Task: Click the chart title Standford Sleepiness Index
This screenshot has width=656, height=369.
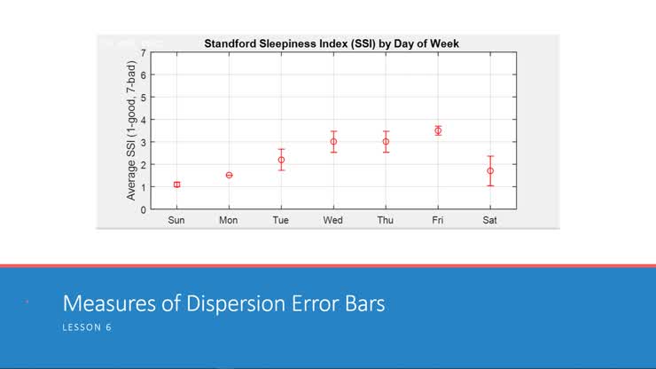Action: tap(332, 43)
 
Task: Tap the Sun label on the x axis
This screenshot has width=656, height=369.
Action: tap(176, 220)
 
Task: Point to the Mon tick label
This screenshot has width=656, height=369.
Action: tap(229, 220)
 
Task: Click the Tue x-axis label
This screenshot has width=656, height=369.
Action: tap(281, 220)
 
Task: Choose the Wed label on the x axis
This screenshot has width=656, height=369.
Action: tap(333, 220)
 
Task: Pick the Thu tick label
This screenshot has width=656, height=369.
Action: tap(386, 220)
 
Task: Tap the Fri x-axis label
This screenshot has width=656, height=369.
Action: tap(438, 220)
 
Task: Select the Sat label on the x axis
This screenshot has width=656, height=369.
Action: tap(489, 220)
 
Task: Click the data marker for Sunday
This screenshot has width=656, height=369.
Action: tap(176, 184)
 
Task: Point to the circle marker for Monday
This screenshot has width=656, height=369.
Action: tap(229, 175)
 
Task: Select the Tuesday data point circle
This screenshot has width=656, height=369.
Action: tap(281, 160)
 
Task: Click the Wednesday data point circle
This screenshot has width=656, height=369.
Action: tap(333, 142)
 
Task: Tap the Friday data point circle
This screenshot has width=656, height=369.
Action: tap(438, 130)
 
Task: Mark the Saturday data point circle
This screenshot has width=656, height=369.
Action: tap(490, 170)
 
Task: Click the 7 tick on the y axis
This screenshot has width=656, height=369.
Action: tap(144, 53)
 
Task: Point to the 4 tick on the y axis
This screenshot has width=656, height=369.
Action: tap(144, 120)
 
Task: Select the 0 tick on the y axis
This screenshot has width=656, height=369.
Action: tap(144, 209)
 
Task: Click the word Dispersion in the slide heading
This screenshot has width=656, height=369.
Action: tap(232, 304)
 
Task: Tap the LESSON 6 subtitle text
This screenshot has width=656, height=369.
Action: tap(87, 327)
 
